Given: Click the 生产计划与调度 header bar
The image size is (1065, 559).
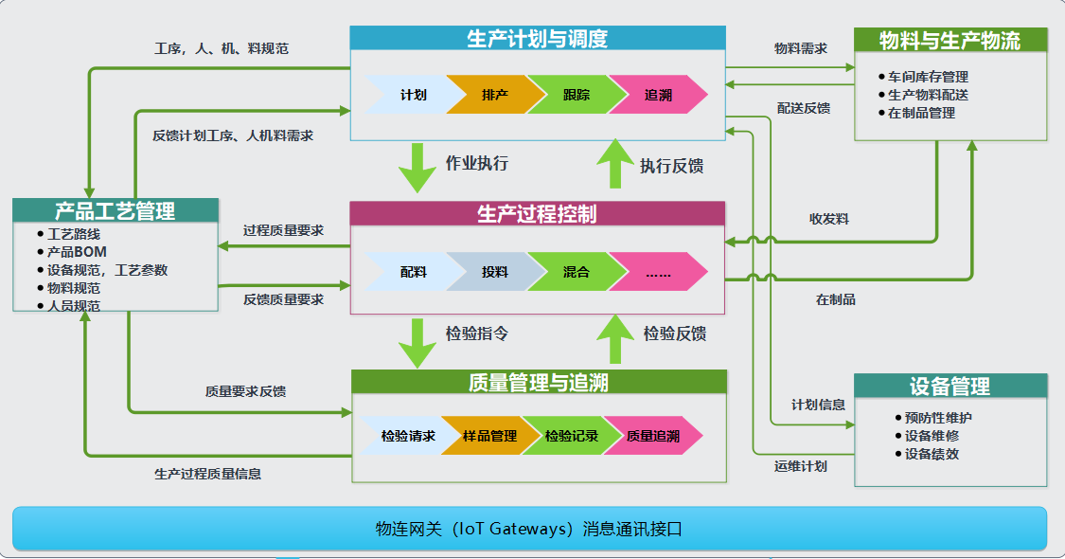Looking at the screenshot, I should coord(537,39).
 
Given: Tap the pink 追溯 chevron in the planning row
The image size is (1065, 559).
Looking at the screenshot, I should coord(658,95).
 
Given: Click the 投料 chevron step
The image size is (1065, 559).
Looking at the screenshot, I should coord(494,272).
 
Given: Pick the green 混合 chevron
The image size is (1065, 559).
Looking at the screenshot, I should coord(576,272).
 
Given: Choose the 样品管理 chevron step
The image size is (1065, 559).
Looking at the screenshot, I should coord(489,436).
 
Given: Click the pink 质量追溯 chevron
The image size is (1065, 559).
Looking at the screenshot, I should coord(653,436).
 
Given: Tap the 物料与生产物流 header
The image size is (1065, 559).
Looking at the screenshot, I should coord(950,41).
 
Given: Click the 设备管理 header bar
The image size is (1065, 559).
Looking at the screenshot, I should coord(950,386).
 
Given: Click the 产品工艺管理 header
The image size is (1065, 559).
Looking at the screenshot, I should coord(115,211).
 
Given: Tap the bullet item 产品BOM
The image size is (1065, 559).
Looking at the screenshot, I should coord(77,251).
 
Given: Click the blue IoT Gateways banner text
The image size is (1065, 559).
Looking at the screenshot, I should coord(529,529).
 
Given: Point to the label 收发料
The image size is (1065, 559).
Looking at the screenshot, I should coord(828,219).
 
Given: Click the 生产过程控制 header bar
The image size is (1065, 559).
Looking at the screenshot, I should coord(537,214).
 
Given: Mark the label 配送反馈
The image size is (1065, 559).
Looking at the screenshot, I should coord(803,108).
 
